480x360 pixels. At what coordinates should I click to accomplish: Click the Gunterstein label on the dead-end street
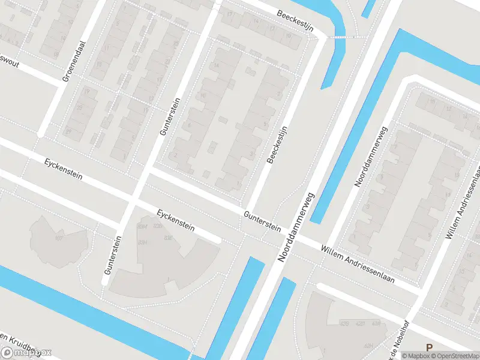(113, 255)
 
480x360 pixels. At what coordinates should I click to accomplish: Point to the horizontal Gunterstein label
(262, 220)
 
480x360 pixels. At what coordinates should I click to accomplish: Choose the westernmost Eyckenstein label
(63, 170)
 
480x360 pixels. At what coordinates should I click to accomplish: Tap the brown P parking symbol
(428, 347)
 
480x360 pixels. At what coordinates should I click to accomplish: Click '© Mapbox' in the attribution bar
(415, 355)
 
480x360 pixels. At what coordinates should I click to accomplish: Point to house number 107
(59, 238)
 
